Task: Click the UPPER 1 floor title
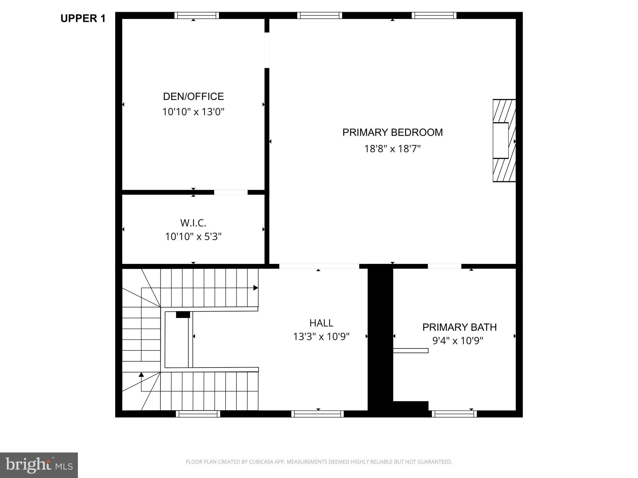pyautogui.click(x=83, y=19)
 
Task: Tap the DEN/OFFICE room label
pyautogui.click(x=193, y=96)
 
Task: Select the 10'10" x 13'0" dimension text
pyautogui.click(x=193, y=112)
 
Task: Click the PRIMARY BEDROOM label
pyautogui.click(x=393, y=133)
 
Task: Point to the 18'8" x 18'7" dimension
pyautogui.click(x=393, y=149)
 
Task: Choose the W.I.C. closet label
pyautogui.click(x=193, y=223)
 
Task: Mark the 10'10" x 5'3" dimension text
pyautogui.click(x=193, y=237)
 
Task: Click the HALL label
pyautogui.click(x=321, y=323)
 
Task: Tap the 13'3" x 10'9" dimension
pyautogui.click(x=321, y=337)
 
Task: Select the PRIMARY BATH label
pyautogui.click(x=459, y=327)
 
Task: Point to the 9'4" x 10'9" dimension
pyautogui.click(x=458, y=341)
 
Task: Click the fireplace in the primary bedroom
pyautogui.click(x=503, y=141)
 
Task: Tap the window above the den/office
pyautogui.click(x=197, y=15)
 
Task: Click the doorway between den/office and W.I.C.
pyautogui.click(x=231, y=192)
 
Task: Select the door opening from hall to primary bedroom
pyautogui.click(x=319, y=266)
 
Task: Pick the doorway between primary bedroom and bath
pyautogui.click(x=444, y=266)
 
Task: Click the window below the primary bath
pyautogui.click(x=454, y=414)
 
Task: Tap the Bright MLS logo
pyautogui.click(x=39, y=465)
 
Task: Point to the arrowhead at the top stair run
pyautogui.click(x=255, y=288)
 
